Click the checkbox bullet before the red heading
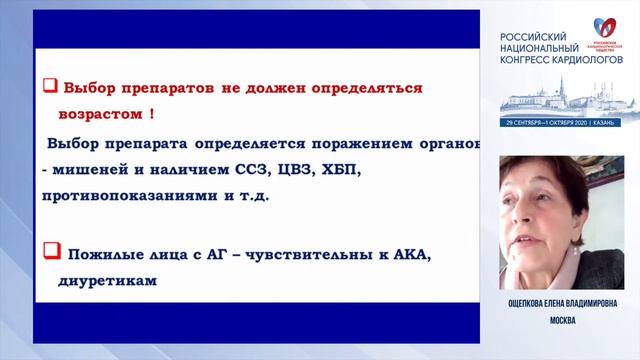(x=48, y=86)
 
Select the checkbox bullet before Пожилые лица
(x=49, y=247)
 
